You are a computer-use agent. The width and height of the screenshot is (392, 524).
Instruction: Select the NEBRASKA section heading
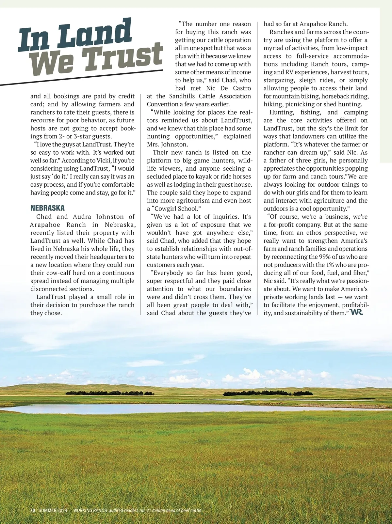tap(47, 208)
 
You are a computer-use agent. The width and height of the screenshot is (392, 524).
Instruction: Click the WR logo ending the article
tap(356, 313)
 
